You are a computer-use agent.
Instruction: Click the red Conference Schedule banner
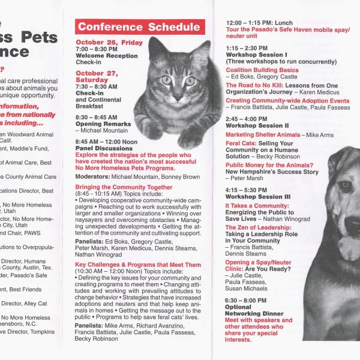pos(139,27)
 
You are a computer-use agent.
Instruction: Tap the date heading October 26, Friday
pos(109,43)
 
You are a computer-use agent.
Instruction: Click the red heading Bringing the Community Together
pos(124,187)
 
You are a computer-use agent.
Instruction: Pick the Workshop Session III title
pos(258,197)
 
